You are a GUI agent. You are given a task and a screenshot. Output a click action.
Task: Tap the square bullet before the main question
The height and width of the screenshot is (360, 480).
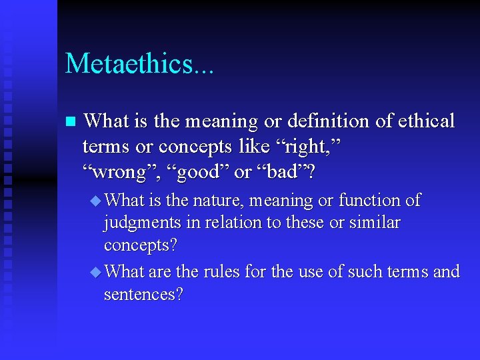tap(69, 122)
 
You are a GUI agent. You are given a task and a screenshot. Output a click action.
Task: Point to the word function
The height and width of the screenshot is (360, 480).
tap(369, 200)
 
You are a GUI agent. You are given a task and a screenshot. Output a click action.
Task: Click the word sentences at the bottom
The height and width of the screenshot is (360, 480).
tap(143, 295)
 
